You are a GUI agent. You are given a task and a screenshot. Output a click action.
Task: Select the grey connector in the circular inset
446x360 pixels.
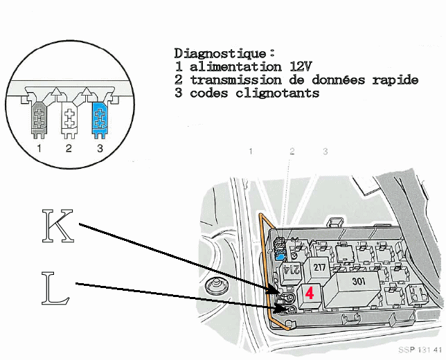click(x=40, y=117)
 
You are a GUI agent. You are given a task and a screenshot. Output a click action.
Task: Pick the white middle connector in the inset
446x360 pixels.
click(x=69, y=117)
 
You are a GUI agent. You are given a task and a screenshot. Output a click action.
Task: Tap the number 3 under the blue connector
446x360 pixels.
click(x=100, y=148)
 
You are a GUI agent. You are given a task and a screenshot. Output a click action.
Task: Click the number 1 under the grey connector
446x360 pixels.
click(x=40, y=148)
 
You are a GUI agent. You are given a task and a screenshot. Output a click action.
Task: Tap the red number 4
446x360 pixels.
click(x=310, y=292)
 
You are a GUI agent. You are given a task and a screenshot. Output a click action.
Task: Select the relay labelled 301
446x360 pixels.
click(x=358, y=282)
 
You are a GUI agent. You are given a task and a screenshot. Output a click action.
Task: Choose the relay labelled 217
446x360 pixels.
click(x=319, y=267)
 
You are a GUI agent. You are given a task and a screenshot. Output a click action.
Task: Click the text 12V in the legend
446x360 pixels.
click(x=292, y=66)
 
